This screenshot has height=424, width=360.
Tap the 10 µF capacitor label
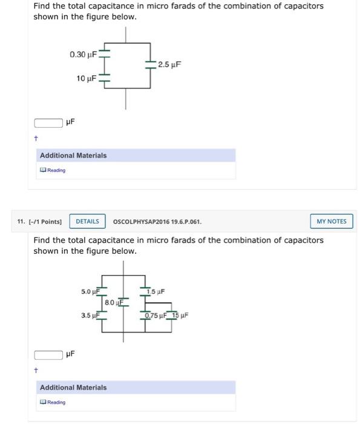pos(86,78)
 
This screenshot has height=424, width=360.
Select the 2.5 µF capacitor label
pos(169,64)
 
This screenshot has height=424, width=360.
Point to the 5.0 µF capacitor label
pos(90,291)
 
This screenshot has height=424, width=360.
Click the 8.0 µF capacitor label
pos(113,302)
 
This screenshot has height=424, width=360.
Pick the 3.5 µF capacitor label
pos(90,315)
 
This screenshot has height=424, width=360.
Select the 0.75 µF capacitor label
pos(156,315)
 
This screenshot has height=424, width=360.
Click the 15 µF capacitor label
pos(180,315)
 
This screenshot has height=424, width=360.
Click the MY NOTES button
pos(332,221)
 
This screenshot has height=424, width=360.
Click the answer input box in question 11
pos(48,354)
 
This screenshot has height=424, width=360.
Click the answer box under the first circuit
pos(48,123)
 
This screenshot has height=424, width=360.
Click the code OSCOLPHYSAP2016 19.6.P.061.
pos(157,222)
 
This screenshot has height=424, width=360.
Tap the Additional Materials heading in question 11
pos(73,388)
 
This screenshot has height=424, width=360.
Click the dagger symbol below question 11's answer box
pos(36,370)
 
